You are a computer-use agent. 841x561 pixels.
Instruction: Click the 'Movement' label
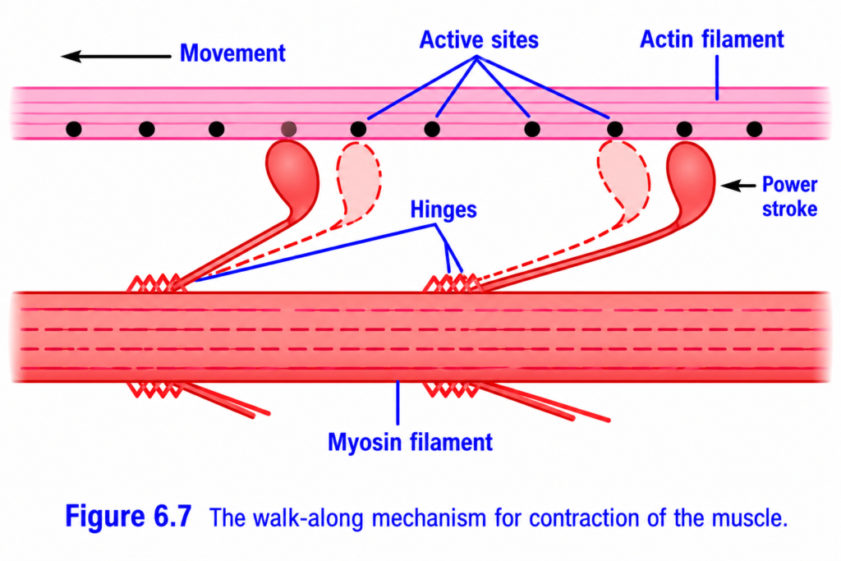(232, 53)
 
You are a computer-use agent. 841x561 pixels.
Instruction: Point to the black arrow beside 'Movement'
(116, 56)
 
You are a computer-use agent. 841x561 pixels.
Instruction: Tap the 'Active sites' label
(479, 39)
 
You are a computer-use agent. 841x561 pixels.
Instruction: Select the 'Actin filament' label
(712, 39)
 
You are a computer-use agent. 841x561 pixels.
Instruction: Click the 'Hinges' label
(443, 209)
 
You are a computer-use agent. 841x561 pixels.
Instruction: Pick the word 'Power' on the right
(789, 185)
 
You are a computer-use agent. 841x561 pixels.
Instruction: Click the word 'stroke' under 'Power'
(789, 209)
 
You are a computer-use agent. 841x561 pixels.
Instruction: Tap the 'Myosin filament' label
(410, 442)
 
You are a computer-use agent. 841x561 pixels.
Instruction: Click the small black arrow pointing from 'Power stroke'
(738, 186)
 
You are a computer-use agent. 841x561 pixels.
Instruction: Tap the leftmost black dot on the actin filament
(73, 129)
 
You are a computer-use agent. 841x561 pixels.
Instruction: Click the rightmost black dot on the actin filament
(754, 129)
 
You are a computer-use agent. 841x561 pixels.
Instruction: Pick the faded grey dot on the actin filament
(288, 129)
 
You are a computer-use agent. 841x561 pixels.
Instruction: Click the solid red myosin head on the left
(293, 177)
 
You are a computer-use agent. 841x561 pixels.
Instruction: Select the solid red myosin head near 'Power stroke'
(692, 180)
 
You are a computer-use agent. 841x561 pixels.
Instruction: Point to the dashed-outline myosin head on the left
(358, 182)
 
